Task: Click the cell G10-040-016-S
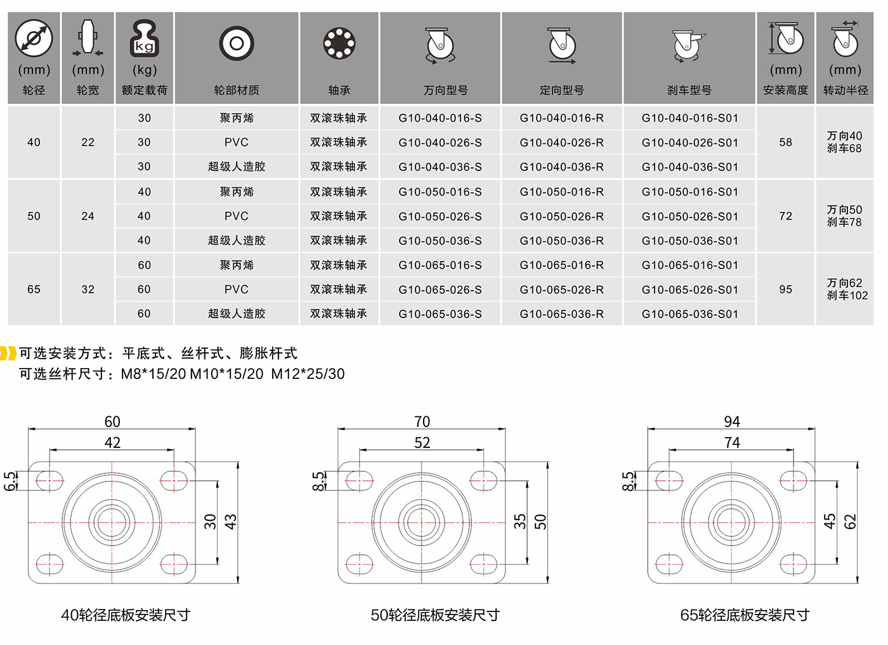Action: click(x=440, y=118)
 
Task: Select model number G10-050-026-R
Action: click(x=562, y=216)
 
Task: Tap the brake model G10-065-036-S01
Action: click(x=690, y=314)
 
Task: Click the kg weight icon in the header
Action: click(x=145, y=39)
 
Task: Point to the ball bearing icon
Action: click(x=339, y=43)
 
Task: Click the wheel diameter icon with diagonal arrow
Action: click(x=34, y=38)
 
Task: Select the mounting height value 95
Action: click(x=785, y=290)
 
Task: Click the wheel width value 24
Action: click(x=88, y=216)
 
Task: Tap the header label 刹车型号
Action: click(x=689, y=90)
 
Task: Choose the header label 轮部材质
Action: click(x=236, y=90)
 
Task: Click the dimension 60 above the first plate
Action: click(x=112, y=422)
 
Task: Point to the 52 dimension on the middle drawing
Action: click(x=422, y=443)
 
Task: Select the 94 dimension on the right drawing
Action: click(x=732, y=422)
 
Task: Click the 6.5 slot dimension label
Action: click(x=10, y=481)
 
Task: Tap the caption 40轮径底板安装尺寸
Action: click(x=126, y=615)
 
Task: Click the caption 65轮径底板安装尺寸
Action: click(x=745, y=615)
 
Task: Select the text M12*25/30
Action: click(x=308, y=374)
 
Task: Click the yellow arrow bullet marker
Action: click(x=8, y=353)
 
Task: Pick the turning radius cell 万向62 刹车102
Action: click(x=847, y=289)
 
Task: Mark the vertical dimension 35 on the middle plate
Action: click(x=519, y=521)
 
